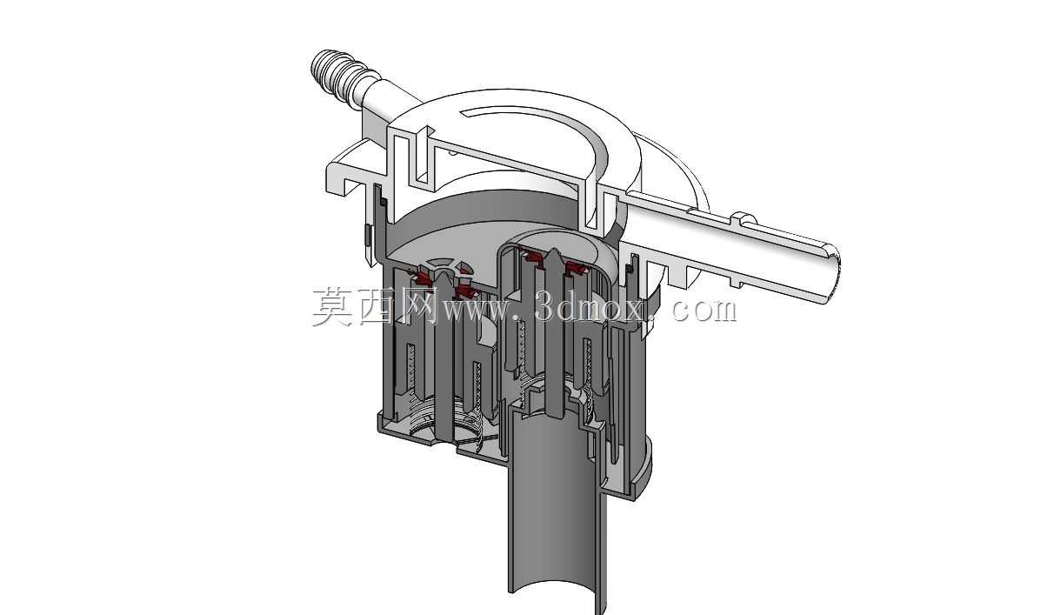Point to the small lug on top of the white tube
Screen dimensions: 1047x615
click(x=744, y=219)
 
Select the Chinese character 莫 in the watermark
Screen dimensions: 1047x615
click(x=332, y=306)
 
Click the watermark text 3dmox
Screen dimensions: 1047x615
click(x=590, y=307)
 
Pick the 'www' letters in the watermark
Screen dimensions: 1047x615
click(x=472, y=310)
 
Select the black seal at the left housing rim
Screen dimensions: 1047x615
click(x=383, y=202)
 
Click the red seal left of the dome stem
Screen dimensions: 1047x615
click(x=532, y=257)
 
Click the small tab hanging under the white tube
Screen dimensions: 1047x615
click(x=736, y=281)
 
